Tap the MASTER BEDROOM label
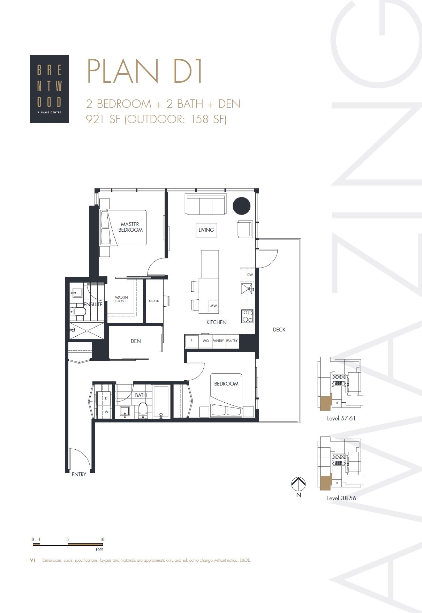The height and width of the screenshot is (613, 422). pos(130,227)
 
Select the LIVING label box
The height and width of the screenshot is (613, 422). pos(206,230)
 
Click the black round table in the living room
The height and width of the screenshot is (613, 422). pos(241,206)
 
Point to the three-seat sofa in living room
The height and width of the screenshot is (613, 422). pos(205,205)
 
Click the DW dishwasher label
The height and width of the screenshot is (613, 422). pos(250,275)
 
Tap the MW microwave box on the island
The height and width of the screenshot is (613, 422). pos(213,306)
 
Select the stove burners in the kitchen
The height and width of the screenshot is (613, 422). pos(247,316)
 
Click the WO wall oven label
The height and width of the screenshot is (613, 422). pos(205,341)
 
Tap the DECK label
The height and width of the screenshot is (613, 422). pos(279,329)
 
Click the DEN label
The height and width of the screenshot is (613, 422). pos(136,341)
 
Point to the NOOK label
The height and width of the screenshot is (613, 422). pos(154,301)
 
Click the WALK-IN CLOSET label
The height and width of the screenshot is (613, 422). pos(121,299)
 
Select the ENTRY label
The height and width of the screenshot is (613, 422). pos(79,474)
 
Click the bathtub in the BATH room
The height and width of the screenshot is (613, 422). pos(161,402)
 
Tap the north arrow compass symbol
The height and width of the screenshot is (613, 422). pos(298,484)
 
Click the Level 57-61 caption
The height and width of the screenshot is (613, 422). pos(341,418)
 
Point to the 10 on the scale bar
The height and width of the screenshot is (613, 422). pos(102,539)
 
